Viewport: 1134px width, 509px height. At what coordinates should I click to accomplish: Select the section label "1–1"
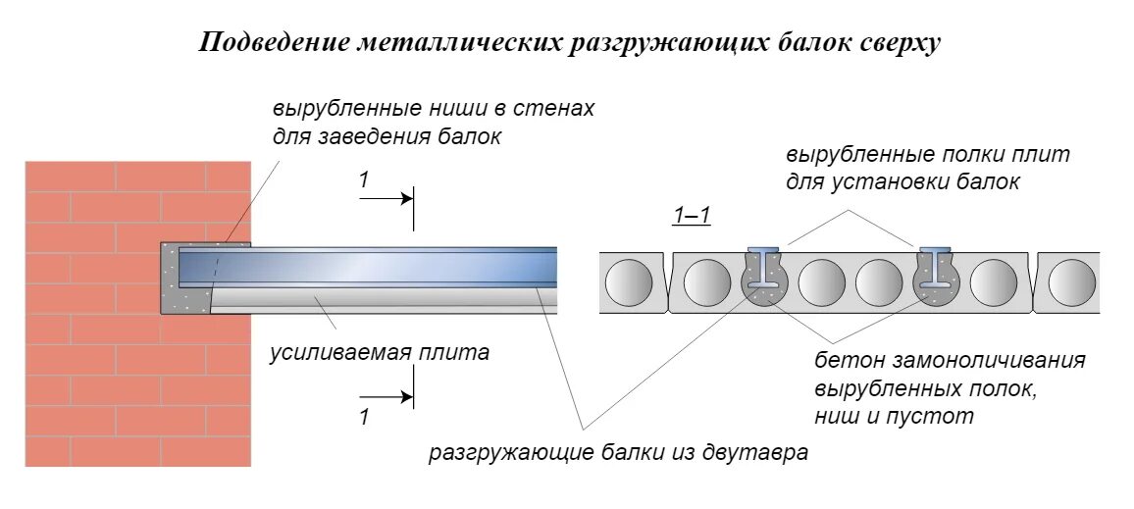click(692, 217)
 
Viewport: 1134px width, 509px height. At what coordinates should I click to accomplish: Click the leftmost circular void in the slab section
click(629, 283)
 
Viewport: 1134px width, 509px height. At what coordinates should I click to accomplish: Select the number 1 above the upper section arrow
click(364, 179)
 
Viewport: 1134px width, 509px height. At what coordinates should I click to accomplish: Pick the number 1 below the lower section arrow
click(364, 417)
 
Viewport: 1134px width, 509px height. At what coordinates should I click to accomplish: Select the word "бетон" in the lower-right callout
click(845, 360)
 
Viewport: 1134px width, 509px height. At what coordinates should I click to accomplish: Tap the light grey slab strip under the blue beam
click(383, 297)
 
